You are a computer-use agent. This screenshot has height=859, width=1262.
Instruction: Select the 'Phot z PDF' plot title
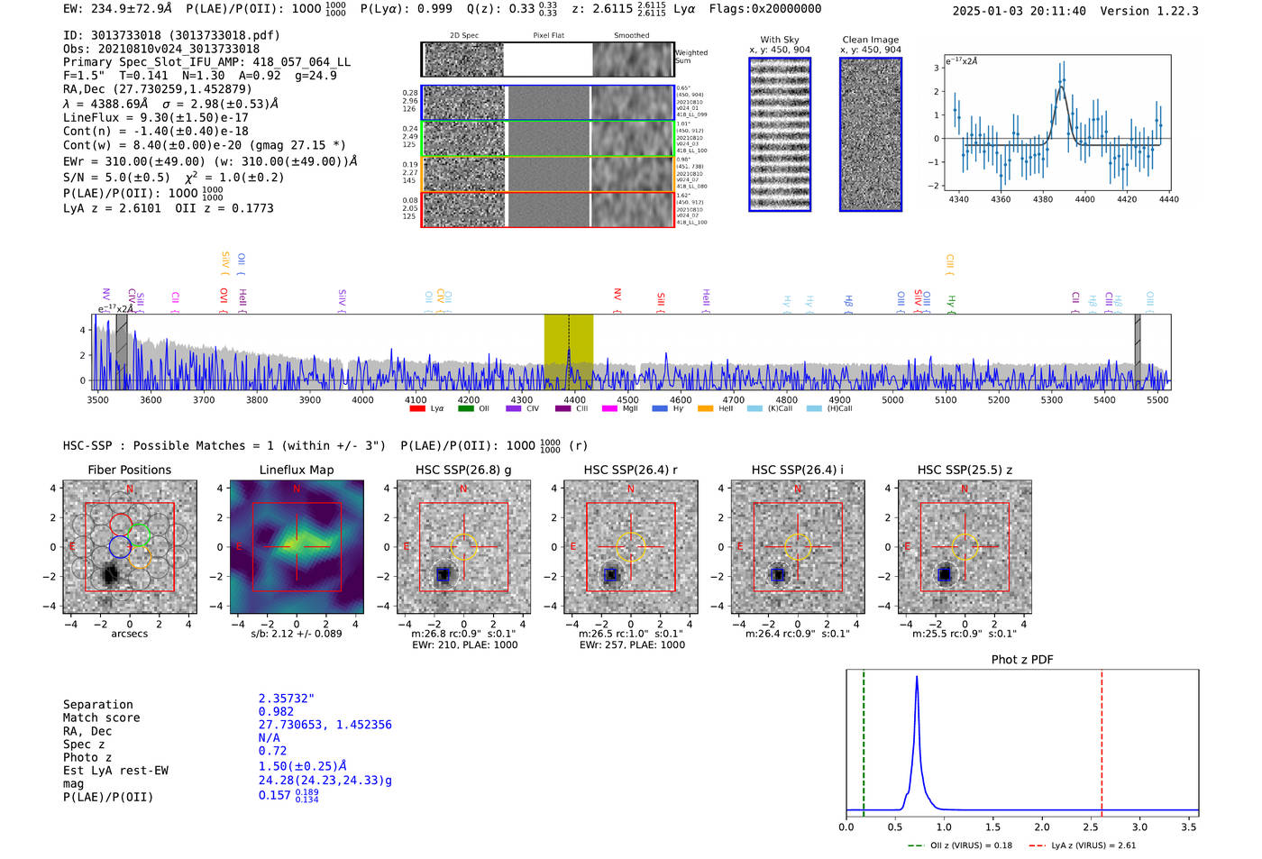coord(1022,660)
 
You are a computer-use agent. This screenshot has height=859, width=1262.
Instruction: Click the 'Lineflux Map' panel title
coord(297,470)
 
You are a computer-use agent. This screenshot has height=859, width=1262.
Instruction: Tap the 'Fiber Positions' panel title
coord(129,470)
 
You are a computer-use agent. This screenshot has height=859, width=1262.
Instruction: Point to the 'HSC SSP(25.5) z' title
coord(965,470)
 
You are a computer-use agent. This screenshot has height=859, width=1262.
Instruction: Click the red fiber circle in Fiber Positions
coord(121,525)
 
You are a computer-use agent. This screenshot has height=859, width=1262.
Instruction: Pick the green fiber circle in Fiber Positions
coord(138,535)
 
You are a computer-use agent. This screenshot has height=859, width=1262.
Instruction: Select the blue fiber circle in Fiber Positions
coord(120,546)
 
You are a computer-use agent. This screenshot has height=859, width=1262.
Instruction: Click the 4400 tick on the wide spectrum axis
coord(574,400)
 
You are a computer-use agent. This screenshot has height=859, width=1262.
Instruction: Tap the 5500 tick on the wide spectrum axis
coord(1157,400)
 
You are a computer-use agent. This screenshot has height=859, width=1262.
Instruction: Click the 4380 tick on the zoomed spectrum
coord(1043,199)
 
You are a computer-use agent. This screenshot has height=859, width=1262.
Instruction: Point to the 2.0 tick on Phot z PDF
coord(1042,827)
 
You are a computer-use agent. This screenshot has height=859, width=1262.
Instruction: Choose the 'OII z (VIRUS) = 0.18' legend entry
coord(961,845)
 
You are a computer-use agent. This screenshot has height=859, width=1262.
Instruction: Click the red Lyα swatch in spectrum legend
coord(417,408)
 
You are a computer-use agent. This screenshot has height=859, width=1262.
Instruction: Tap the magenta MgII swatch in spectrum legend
coord(609,408)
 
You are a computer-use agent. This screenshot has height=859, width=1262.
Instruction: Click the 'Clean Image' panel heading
coord(870,40)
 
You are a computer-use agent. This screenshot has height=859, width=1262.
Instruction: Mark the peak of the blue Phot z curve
coord(917,677)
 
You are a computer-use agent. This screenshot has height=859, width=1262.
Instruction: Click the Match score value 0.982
coord(276,712)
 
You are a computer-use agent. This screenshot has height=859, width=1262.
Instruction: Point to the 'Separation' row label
coord(97,705)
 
